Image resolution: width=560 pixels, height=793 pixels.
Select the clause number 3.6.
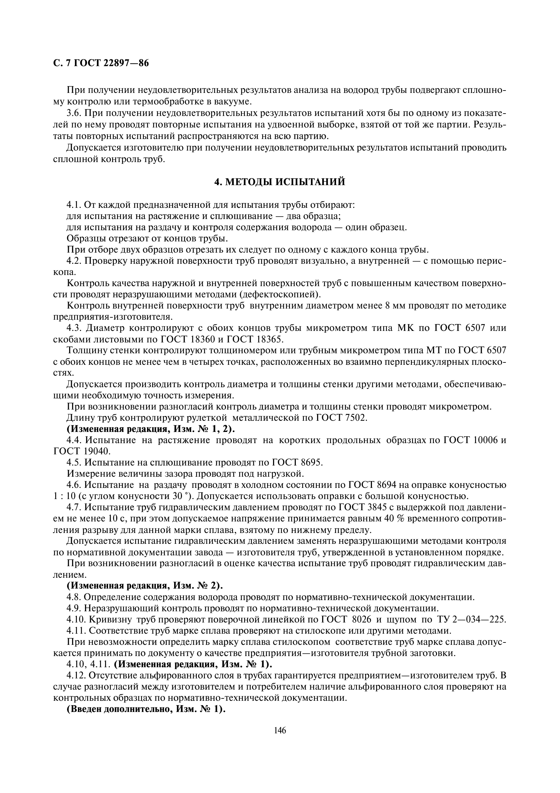click(74, 114)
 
